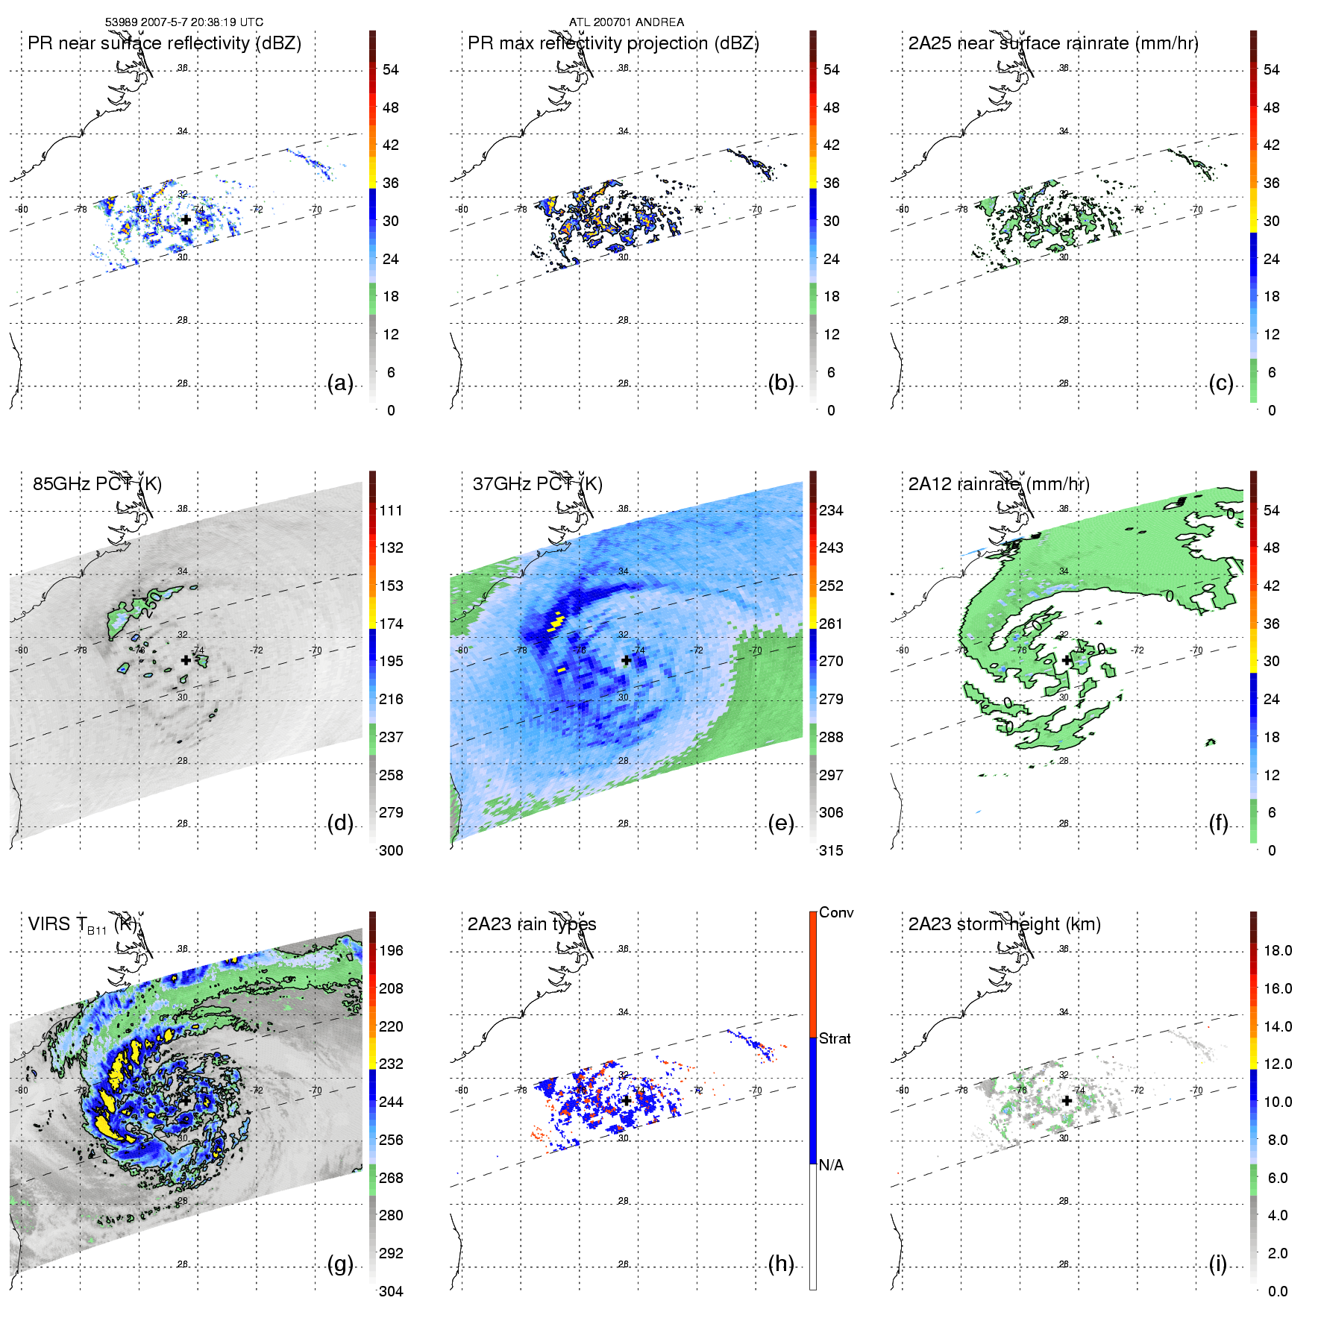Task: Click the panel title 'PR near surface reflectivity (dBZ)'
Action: [x=164, y=43]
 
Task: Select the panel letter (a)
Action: [x=340, y=383]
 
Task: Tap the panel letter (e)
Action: [x=780, y=823]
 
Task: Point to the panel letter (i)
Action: [x=1217, y=1264]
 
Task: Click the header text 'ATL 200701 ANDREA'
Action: [x=626, y=22]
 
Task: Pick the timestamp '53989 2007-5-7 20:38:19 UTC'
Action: [x=183, y=22]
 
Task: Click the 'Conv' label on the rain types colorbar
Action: [x=835, y=912]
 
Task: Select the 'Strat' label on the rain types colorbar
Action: [x=835, y=1038]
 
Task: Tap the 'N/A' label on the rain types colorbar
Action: [x=831, y=1165]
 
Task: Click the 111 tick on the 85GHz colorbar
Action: [x=391, y=510]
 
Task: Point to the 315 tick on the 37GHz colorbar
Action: [x=831, y=850]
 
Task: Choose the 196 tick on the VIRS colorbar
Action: [x=391, y=950]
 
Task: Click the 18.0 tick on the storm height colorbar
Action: [x=1277, y=950]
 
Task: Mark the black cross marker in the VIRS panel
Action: [x=186, y=1099]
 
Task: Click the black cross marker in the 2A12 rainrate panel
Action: [x=1067, y=660]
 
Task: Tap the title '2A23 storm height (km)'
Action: [x=1004, y=924]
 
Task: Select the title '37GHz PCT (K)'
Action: [x=537, y=484]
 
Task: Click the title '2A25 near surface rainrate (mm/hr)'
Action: [x=1052, y=43]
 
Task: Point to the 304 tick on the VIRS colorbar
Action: [x=391, y=1291]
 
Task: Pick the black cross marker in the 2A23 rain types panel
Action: [x=627, y=1099]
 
